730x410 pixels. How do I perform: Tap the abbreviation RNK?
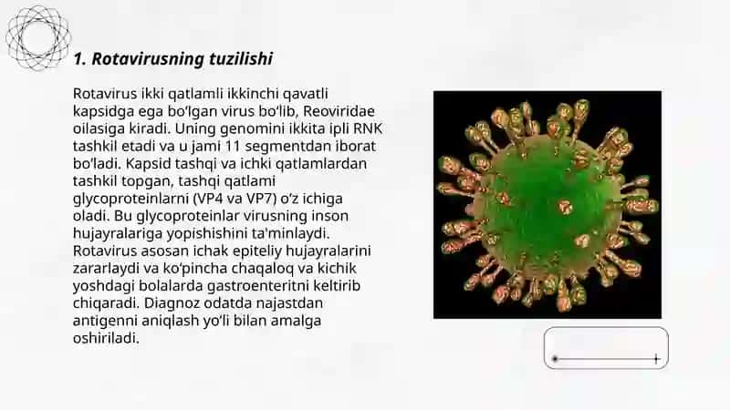tap(368, 128)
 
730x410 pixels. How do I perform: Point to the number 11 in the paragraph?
tap(232, 146)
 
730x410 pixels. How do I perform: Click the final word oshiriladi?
tap(106, 338)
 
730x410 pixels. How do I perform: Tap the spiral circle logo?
tap(38, 37)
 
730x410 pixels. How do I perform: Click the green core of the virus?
tap(547, 204)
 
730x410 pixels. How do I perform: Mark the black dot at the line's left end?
tap(555, 359)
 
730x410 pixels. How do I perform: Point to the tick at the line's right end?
tap(656, 359)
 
